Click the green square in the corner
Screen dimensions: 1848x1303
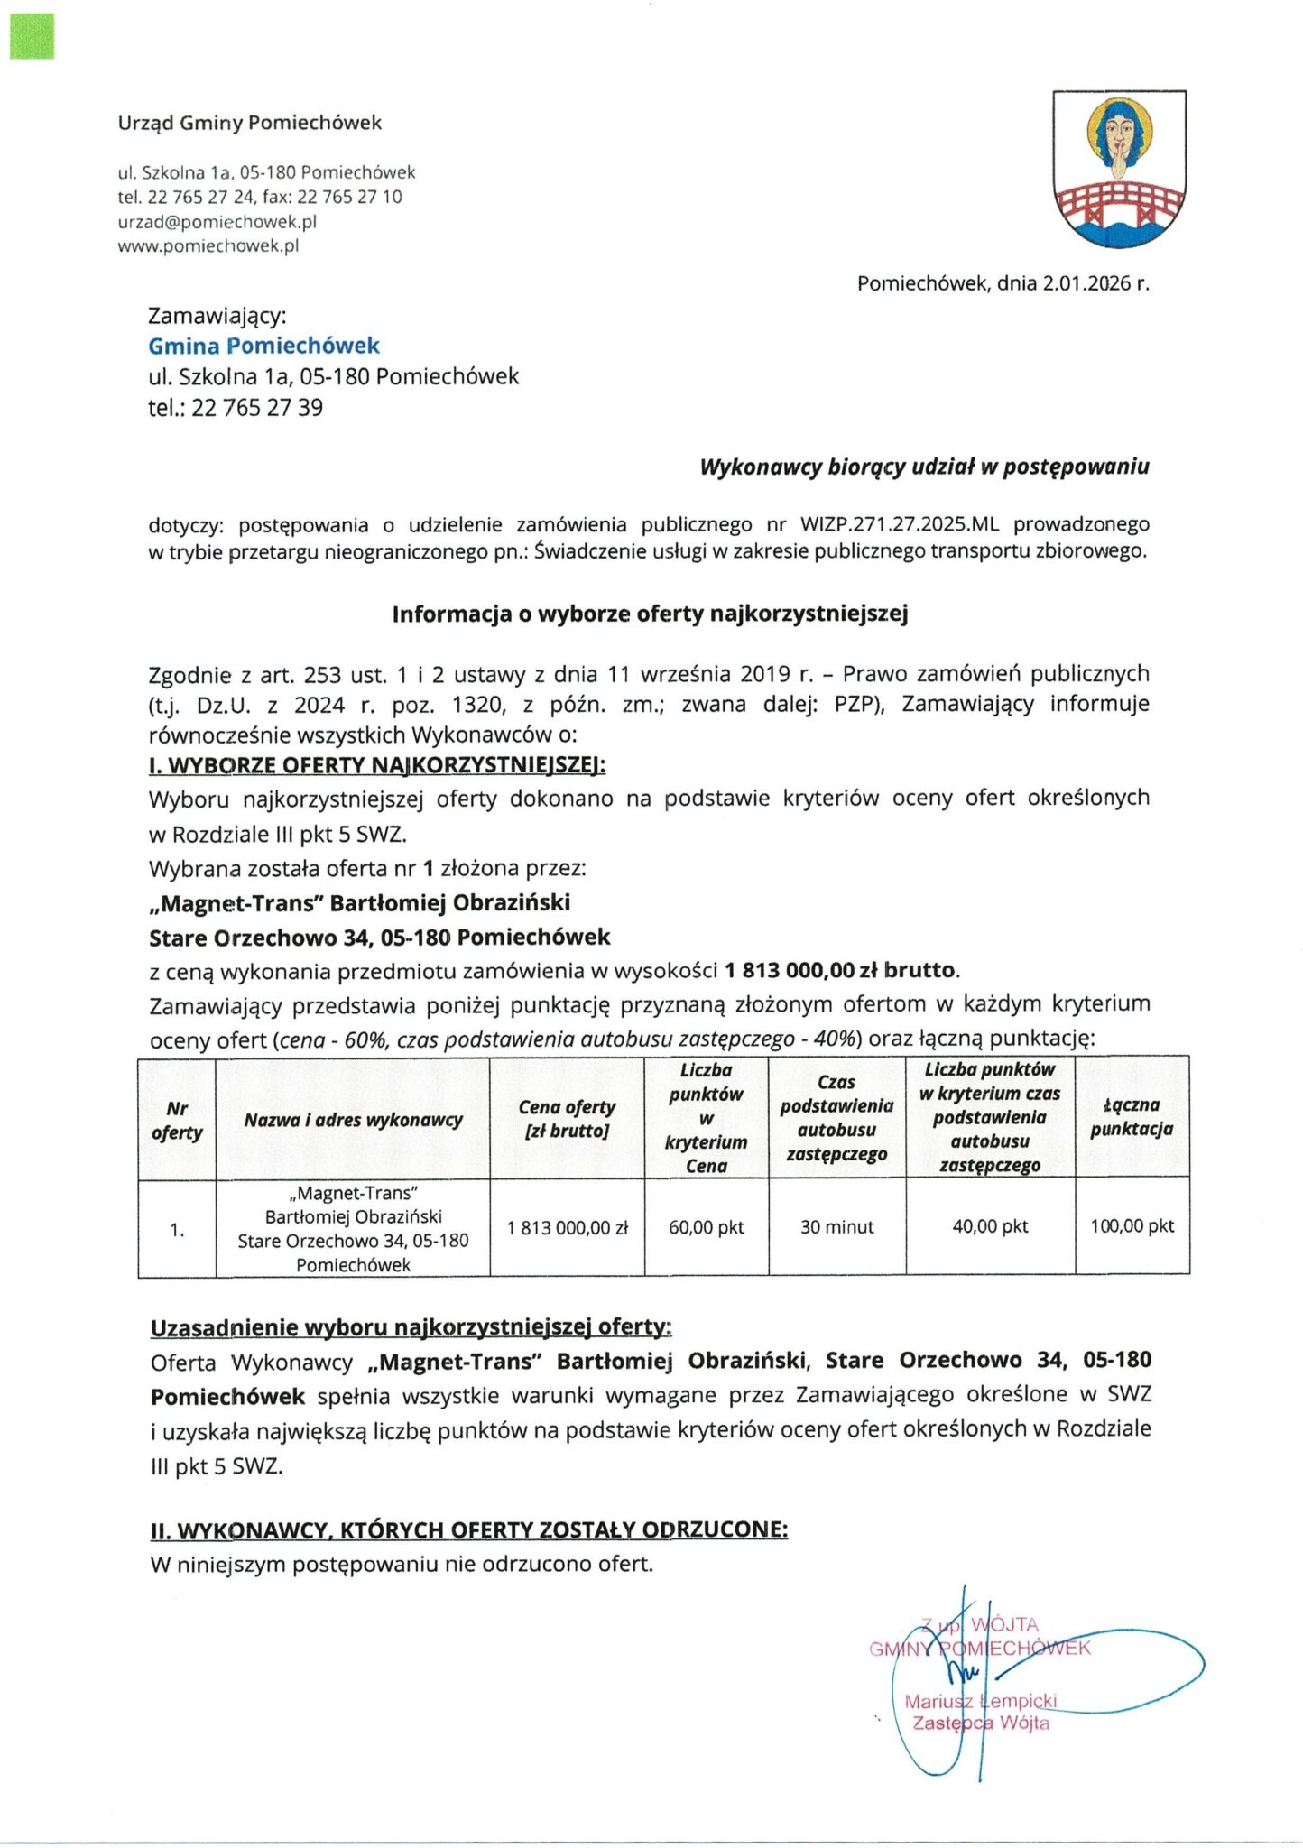tap(32, 37)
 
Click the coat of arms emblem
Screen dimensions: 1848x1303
tap(1119, 169)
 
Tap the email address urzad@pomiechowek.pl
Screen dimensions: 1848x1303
tap(217, 221)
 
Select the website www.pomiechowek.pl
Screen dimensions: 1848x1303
tap(208, 245)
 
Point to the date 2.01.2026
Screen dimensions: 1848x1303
tap(1086, 283)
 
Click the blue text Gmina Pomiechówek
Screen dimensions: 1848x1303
tap(263, 346)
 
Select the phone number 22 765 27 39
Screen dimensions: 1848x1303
tap(257, 408)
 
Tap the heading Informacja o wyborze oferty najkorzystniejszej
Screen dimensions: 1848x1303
tap(650, 614)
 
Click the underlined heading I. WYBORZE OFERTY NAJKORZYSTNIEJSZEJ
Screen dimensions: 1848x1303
tap(377, 765)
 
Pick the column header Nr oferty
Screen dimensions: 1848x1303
tap(177, 1120)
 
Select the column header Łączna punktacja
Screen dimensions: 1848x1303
tap(1132, 1116)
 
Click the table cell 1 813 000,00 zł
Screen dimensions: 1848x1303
tap(567, 1228)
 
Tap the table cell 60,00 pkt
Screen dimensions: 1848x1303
tap(706, 1227)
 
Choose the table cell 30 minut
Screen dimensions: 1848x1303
tap(836, 1227)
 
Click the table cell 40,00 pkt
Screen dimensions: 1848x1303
tap(990, 1226)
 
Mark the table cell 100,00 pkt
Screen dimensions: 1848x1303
tap(1132, 1226)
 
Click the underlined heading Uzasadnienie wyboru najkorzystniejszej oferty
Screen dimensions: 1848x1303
tap(411, 1327)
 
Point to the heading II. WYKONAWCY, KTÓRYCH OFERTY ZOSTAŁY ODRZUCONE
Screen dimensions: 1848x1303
tap(468, 1530)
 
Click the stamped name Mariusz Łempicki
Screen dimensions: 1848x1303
tap(980, 1702)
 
